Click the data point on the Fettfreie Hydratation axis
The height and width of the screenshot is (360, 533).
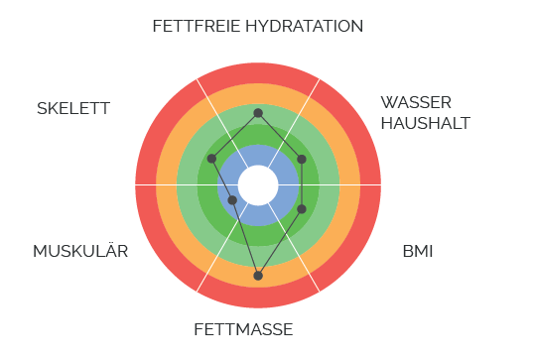point(258,113)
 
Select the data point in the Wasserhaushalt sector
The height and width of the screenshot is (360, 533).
point(302,159)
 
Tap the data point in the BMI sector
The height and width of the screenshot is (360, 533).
point(302,209)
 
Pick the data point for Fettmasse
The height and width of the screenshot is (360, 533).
point(258,275)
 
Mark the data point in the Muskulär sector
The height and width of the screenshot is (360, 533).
point(232,200)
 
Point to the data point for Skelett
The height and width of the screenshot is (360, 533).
point(211,159)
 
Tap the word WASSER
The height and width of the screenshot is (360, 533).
point(416,102)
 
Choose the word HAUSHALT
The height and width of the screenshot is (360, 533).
point(425,123)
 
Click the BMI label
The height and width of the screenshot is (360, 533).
point(417,251)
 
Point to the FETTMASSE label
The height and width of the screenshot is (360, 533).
point(243,329)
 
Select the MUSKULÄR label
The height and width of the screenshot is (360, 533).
point(80,251)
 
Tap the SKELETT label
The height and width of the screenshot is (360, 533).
point(73,108)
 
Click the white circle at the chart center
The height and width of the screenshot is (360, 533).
point(258,184)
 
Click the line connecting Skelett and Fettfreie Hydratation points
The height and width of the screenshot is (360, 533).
point(234,136)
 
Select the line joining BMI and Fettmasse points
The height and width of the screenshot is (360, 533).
point(280,242)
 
